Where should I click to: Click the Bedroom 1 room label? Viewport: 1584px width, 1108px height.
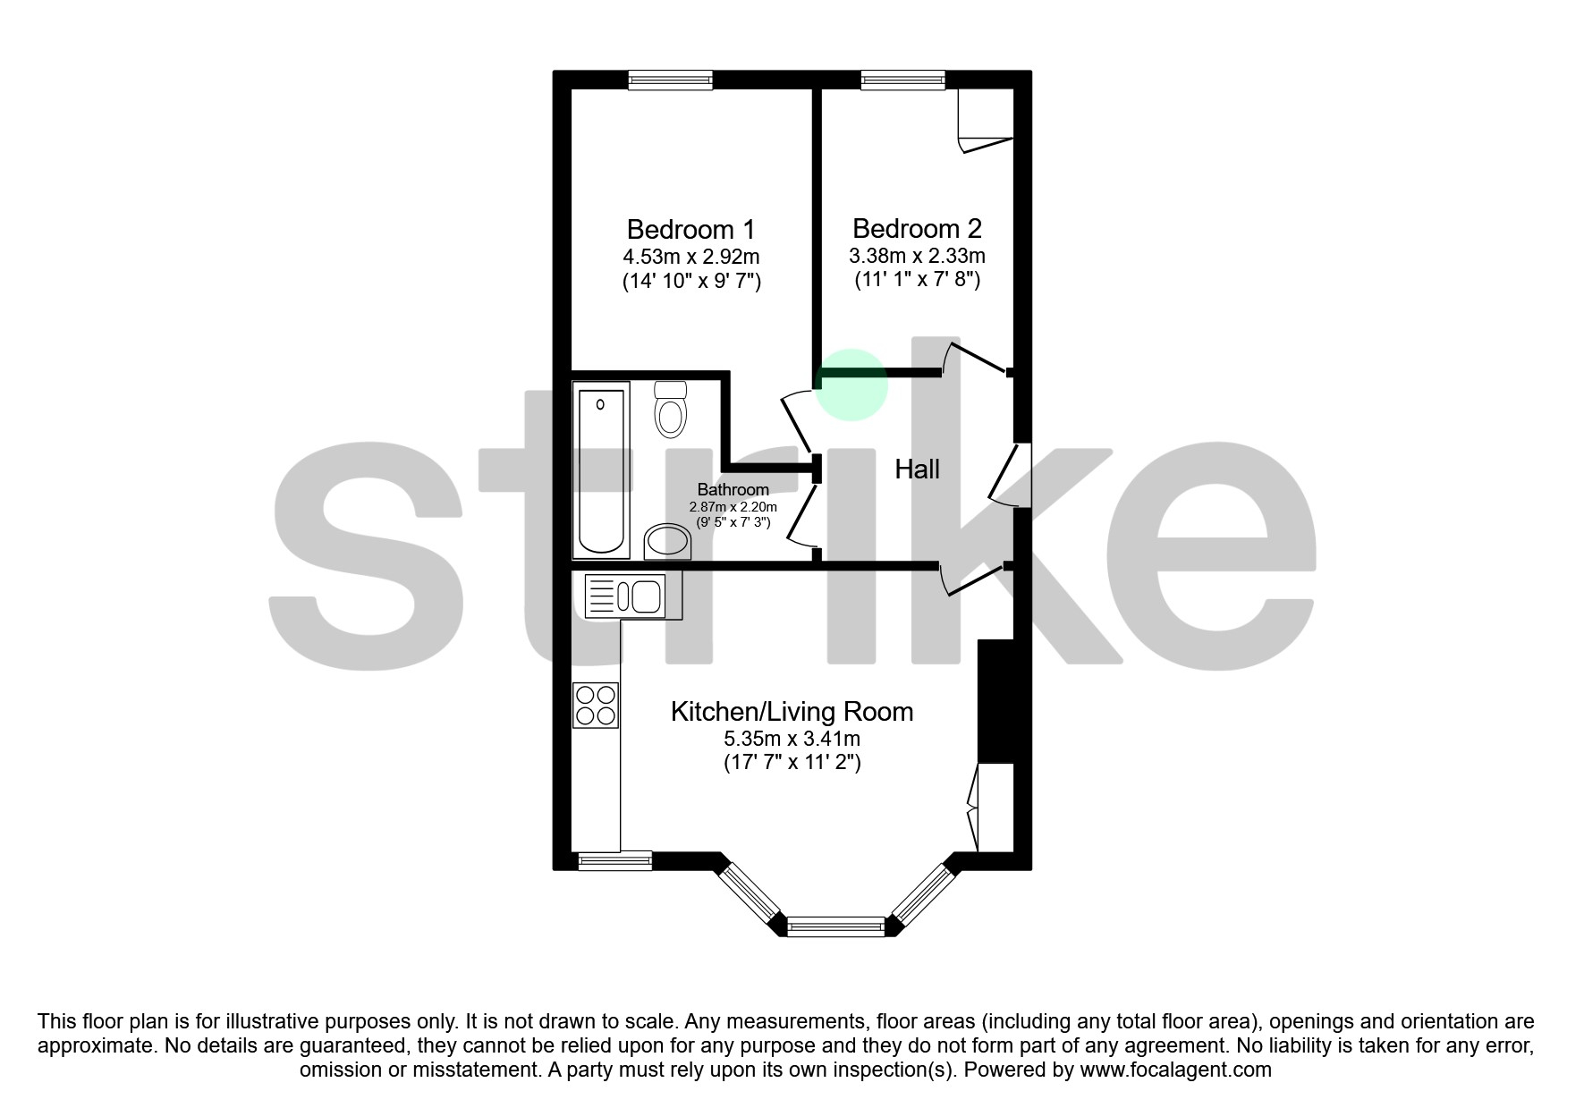click(690, 229)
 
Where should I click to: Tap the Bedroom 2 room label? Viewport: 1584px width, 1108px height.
click(917, 229)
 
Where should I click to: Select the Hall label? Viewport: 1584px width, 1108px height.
click(917, 469)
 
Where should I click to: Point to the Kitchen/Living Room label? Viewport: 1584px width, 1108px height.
click(792, 712)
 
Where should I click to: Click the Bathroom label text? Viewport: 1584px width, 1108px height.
click(733, 490)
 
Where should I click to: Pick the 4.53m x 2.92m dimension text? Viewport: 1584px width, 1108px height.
click(690, 257)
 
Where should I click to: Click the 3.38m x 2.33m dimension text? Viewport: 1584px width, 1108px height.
click(917, 256)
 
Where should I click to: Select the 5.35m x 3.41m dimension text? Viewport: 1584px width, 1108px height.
click(792, 739)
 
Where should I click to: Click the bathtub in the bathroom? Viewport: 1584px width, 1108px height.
click(601, 469)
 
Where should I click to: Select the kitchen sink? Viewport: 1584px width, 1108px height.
click(625, 596)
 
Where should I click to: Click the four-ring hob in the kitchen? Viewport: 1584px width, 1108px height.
click(596, 705)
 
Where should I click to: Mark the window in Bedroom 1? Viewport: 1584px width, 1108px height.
click(670, 80)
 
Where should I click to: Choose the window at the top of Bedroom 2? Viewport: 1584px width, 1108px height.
click(902, 80)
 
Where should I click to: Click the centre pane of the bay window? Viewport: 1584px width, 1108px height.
click(835, 927)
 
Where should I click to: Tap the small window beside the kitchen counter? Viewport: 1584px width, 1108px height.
click(614, 861)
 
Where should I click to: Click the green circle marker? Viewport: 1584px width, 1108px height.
click(852, 385)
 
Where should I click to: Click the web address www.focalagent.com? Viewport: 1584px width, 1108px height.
click(1175, 1070)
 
